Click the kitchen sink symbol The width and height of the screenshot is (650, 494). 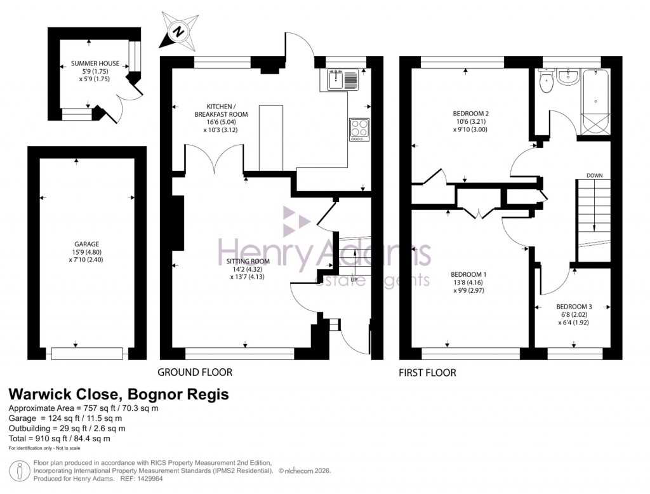click(343, 79)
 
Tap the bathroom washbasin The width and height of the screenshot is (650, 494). click(568, 76)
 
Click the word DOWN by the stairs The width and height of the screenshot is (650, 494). click(594, 175)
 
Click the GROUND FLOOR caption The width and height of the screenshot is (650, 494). click(195, 372)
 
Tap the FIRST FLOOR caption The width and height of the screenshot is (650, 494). click(427, 373)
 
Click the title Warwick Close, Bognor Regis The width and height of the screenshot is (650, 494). click(118, 394)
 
